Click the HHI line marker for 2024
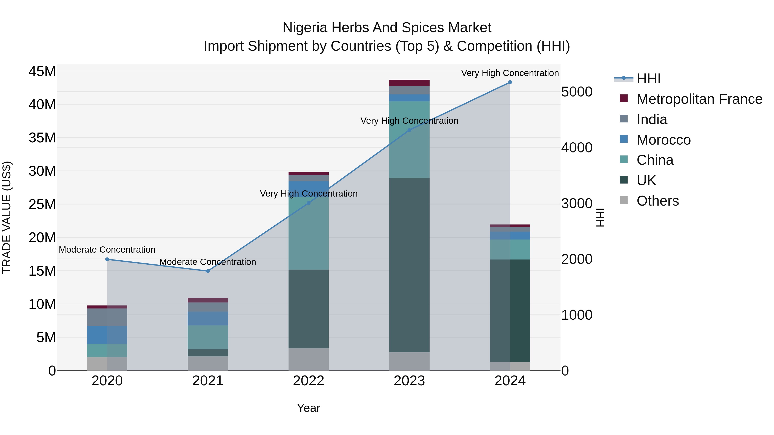pos(510,82)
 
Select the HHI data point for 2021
pos(208,271)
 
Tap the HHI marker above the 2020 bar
pos(107,259)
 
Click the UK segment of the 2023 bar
pos(409,265)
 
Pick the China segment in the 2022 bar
pos(309,233)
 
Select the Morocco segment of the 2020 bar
pos(107,335)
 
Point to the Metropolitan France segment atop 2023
pos(409,83)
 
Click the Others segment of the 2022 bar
pos(309,359)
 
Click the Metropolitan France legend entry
pos(699,99)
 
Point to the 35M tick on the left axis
pos(42,138)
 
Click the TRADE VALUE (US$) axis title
pos(7,217)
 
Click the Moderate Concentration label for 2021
pos(208,262)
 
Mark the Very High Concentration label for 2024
pos(510,73)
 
